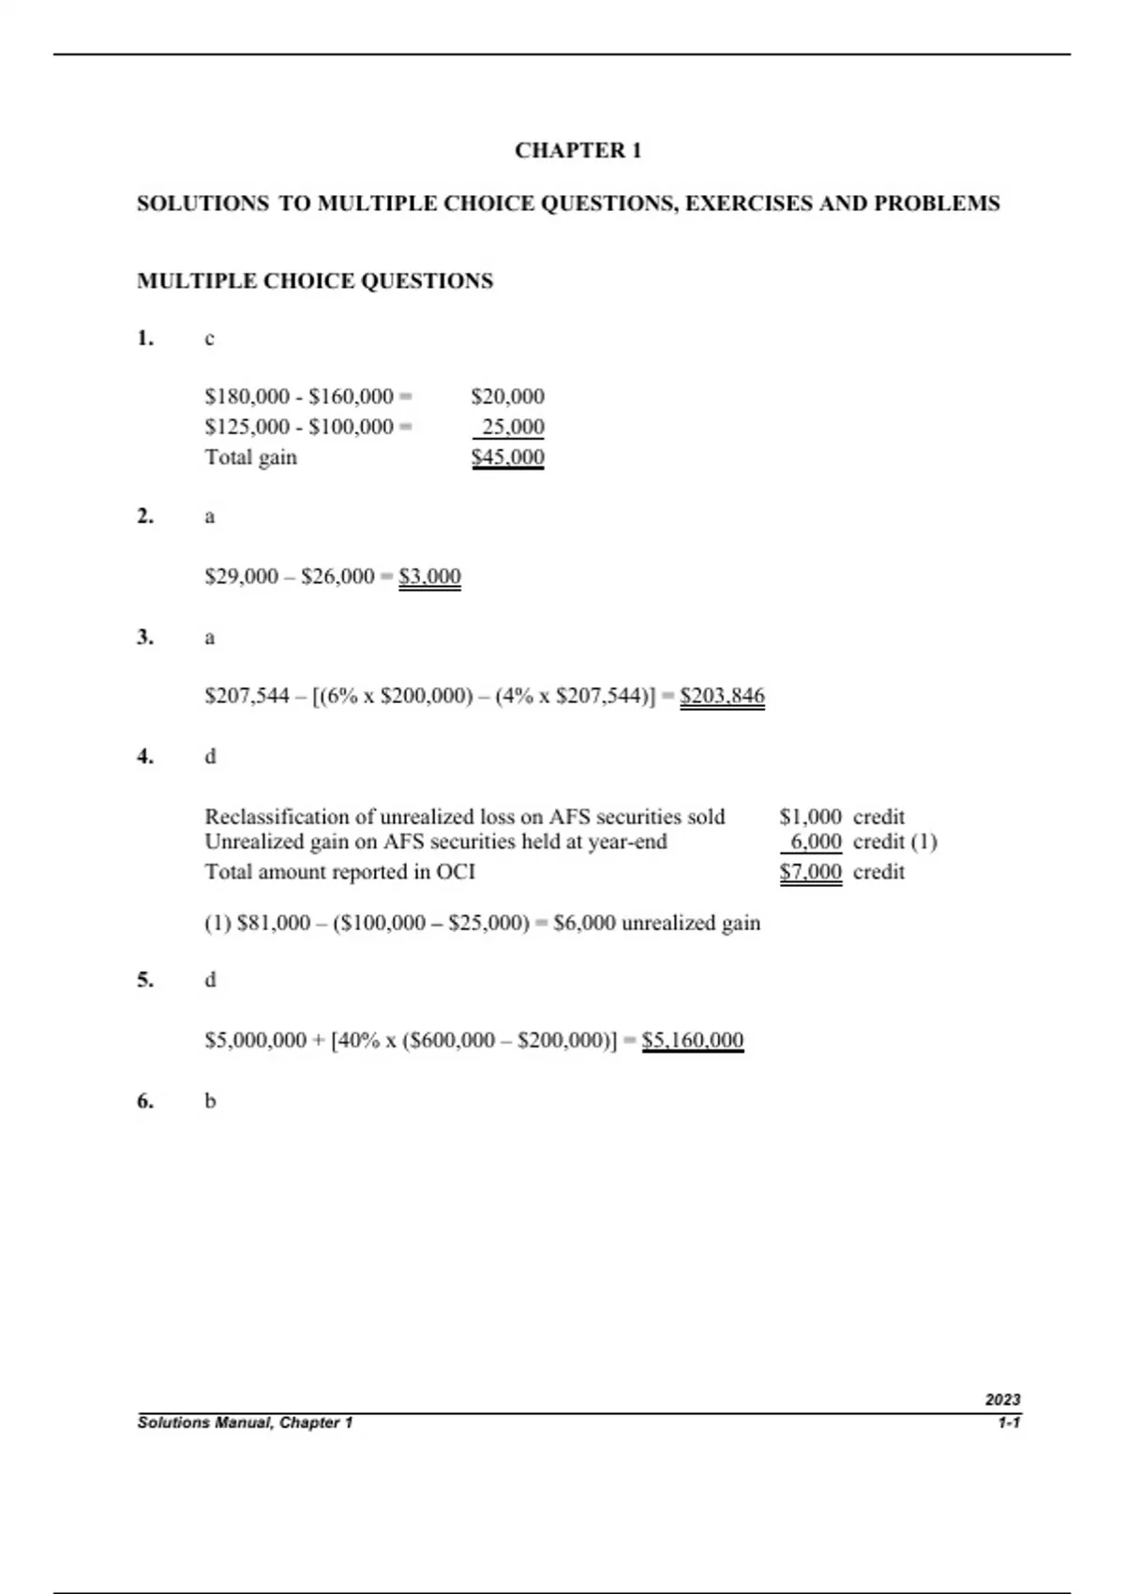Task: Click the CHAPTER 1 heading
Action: coord(577,151)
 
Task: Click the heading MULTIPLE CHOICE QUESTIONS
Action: coord(315,281)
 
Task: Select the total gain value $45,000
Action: coord(508,458)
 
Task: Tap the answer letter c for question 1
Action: coord(209,339)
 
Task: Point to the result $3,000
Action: coord(429,577)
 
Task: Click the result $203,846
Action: coord(722,697)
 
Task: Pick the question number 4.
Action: coord(145,757)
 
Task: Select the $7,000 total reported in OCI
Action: coord(810,872)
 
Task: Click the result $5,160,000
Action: coord(693,1040)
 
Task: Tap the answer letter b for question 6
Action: coord(210,1101)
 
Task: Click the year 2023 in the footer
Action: coord(1002,1400)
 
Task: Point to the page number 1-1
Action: coord(1009,1423)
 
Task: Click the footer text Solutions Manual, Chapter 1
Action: coord(245,1423)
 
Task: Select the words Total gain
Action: coord(250,458)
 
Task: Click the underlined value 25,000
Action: coord(512,428)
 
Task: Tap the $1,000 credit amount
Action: coord(810,817)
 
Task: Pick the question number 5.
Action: coord(145,980)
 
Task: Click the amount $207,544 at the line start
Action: coord(247,697)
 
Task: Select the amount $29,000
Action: coord(241,577)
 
